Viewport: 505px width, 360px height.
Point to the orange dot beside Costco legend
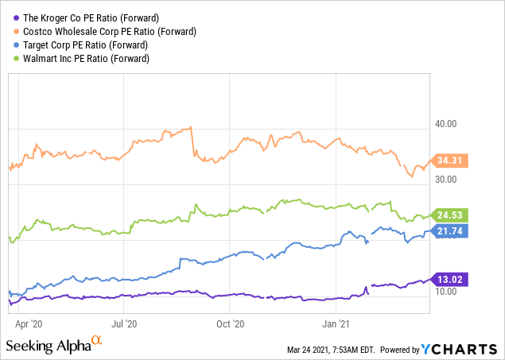tap(12, 32)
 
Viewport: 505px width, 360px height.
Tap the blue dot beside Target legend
tap(12, 45)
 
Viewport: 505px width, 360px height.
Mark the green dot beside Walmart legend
tap(12, 59)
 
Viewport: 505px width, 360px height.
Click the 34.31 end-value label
tap(453, 161)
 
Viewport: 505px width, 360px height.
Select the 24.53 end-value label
tap(453, 215)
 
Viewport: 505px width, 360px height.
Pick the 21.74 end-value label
tap(453, 230)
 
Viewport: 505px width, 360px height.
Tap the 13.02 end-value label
tap(453, 279)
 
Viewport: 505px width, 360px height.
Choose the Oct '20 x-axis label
tap(230, 323)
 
